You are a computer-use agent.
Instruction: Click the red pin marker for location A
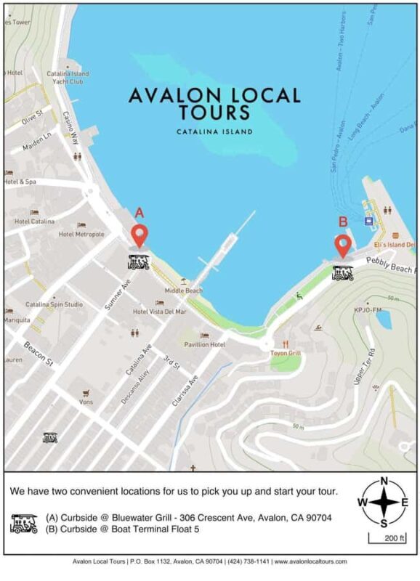coord(139,235)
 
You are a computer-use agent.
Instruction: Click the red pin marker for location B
coord(342,244)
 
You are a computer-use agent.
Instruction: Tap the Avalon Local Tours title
coord(214,103)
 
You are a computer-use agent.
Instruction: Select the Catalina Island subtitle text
coord(214,132)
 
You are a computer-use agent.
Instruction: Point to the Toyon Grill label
coord(286,353)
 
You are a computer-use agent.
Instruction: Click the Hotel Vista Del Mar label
coord(159,312)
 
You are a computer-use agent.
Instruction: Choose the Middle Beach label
coord(183,290)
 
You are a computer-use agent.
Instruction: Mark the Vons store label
coord(86,402)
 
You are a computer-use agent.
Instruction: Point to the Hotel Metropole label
coord(81,235)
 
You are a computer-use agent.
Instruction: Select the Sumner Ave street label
coord(116,290)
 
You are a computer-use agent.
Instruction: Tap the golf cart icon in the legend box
coord(24,523)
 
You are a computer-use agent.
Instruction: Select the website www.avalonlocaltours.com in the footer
coord(310,561)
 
